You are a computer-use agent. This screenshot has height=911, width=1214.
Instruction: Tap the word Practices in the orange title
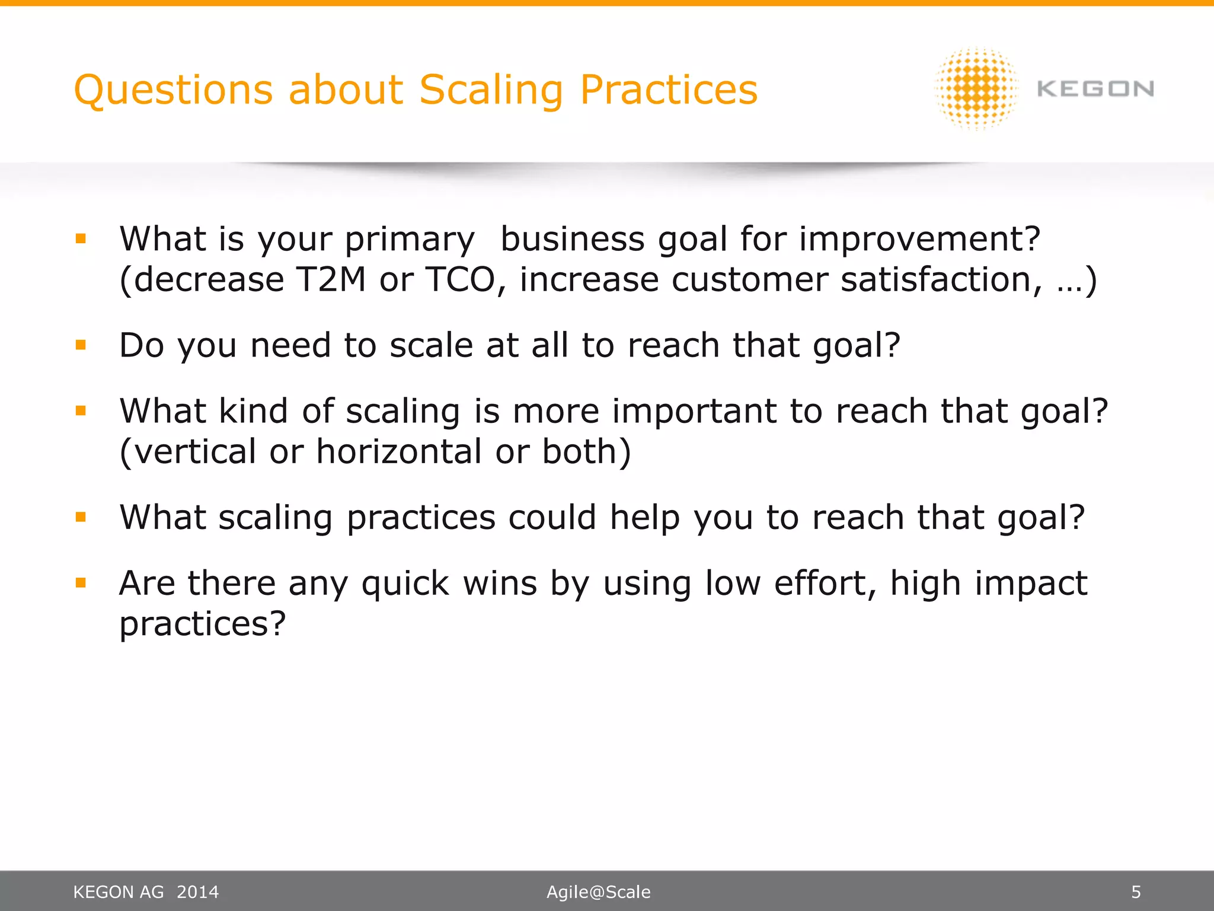point(668,91)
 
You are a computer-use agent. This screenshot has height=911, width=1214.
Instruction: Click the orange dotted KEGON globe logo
point(976,89)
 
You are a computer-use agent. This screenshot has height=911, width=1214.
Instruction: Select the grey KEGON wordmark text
point(1095,90)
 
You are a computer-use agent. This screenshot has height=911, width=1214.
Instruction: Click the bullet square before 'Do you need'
point(81,345)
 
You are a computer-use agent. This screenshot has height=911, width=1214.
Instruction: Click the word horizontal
point(399,451)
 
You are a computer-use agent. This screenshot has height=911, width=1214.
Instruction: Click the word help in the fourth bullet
point(645,517)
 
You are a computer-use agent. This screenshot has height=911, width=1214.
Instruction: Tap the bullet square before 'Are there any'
point(81,582)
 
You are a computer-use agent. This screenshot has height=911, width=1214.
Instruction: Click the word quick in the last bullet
point(405,584)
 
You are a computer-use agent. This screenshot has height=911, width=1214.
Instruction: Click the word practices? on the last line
point(203,624)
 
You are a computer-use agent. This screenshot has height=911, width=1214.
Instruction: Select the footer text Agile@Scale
point(598,892)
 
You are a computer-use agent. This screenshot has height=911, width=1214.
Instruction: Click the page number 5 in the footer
point(1136,892)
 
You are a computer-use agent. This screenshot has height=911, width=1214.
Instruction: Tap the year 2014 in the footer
point(197,892)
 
